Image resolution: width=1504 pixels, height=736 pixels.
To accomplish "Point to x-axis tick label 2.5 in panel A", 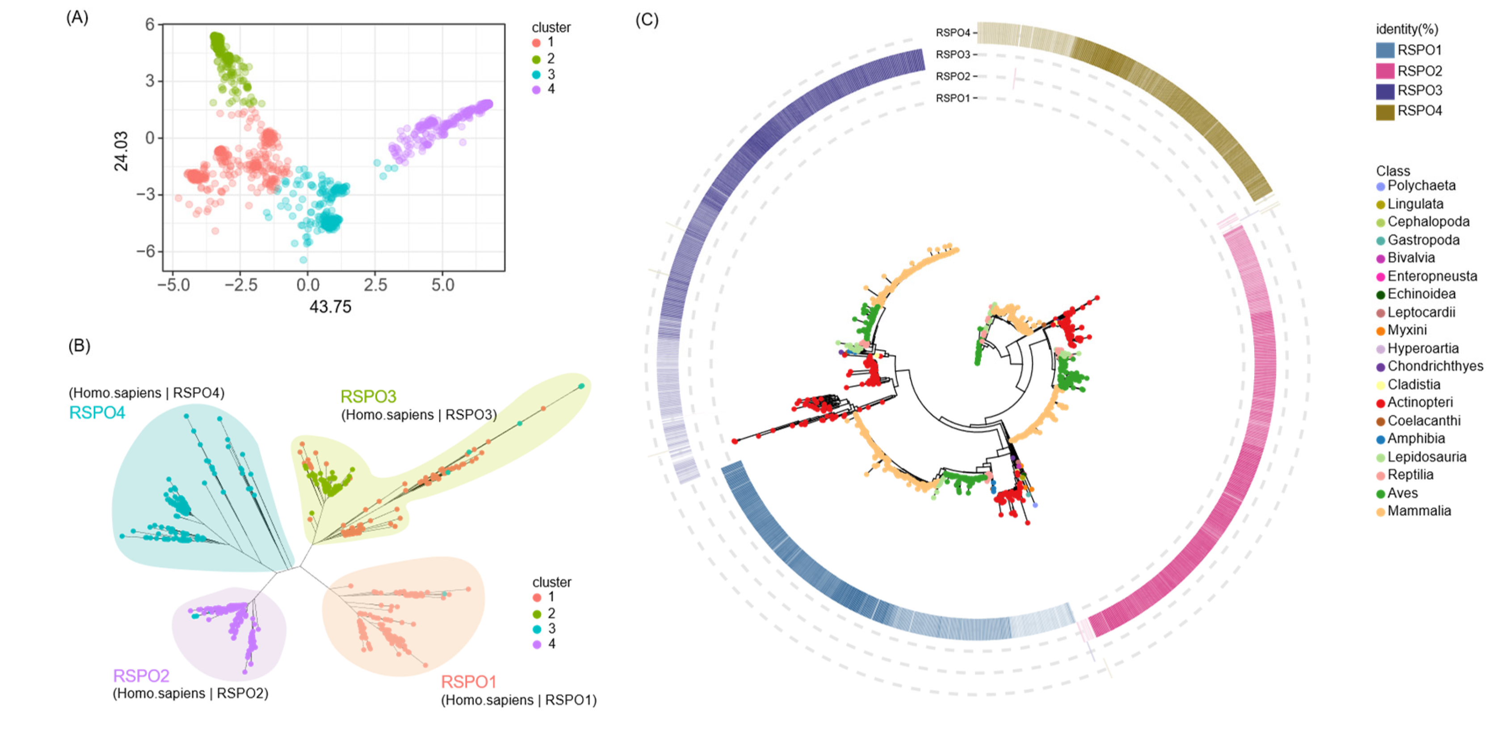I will [x=375, y=285].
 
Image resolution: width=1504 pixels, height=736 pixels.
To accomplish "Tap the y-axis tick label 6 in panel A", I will [x=150, y=25].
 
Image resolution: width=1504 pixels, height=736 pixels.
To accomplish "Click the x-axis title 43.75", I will [x=331, y=307].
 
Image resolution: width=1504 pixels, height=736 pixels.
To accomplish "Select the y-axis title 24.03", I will [x=121, y=151].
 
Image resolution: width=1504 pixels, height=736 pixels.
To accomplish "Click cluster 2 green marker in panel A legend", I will [x=536, y=59].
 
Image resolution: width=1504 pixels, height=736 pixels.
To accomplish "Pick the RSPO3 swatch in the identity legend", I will [x=1385, y=91].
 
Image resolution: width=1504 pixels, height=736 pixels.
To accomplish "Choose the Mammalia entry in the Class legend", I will [x=1419, y=511].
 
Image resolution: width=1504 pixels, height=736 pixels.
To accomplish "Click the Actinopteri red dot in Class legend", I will [x=1380, y=403].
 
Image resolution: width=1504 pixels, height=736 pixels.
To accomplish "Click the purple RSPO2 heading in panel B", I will [x=141, y=676].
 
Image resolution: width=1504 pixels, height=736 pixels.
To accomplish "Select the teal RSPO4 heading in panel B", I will [x=97, y=413].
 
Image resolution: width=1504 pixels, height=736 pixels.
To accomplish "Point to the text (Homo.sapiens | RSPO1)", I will [x=518, y=700].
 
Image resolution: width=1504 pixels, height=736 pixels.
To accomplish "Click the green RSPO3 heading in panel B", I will [x=369, y=397].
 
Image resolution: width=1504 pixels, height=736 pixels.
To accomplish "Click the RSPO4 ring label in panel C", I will [x=952, y=33].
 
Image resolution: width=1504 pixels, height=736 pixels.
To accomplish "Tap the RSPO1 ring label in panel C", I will [x=952, y=98].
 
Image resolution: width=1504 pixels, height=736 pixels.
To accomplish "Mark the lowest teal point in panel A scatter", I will [x=303, y=260].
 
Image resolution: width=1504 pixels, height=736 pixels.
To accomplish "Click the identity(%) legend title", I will [x=1407, y=29].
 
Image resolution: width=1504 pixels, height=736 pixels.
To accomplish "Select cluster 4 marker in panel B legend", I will [x=536, y=644].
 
